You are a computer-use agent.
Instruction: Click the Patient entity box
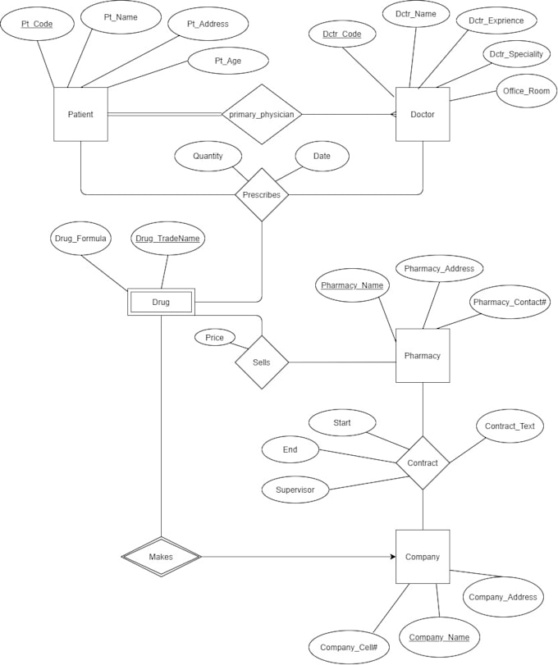coord(80,114)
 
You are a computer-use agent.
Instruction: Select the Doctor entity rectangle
coord(423,114)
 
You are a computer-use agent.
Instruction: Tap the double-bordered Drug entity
coord(161,303)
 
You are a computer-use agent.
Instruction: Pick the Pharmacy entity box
coord(423,355)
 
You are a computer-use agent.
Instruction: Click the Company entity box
coord(423,557)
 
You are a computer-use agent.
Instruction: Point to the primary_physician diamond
coord(261,115)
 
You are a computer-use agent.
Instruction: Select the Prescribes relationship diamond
coord(262,194)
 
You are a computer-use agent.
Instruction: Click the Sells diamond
coord(262,362)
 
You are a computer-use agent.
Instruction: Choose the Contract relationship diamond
coord(423,462)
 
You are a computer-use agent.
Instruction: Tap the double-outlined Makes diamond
coord(161,557)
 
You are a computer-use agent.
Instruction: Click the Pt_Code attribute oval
coord(37,25)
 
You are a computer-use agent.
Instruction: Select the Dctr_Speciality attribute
coord(515,54)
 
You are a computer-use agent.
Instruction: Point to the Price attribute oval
coord(214,337)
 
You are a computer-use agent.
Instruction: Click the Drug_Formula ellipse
coord(79,239)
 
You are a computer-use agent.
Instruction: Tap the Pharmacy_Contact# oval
coord(510,303)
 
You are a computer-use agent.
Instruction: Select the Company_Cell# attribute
coord(349,647)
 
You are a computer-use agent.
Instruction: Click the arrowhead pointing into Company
coord(391,557)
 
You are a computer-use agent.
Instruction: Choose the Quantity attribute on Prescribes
coord(208,156)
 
